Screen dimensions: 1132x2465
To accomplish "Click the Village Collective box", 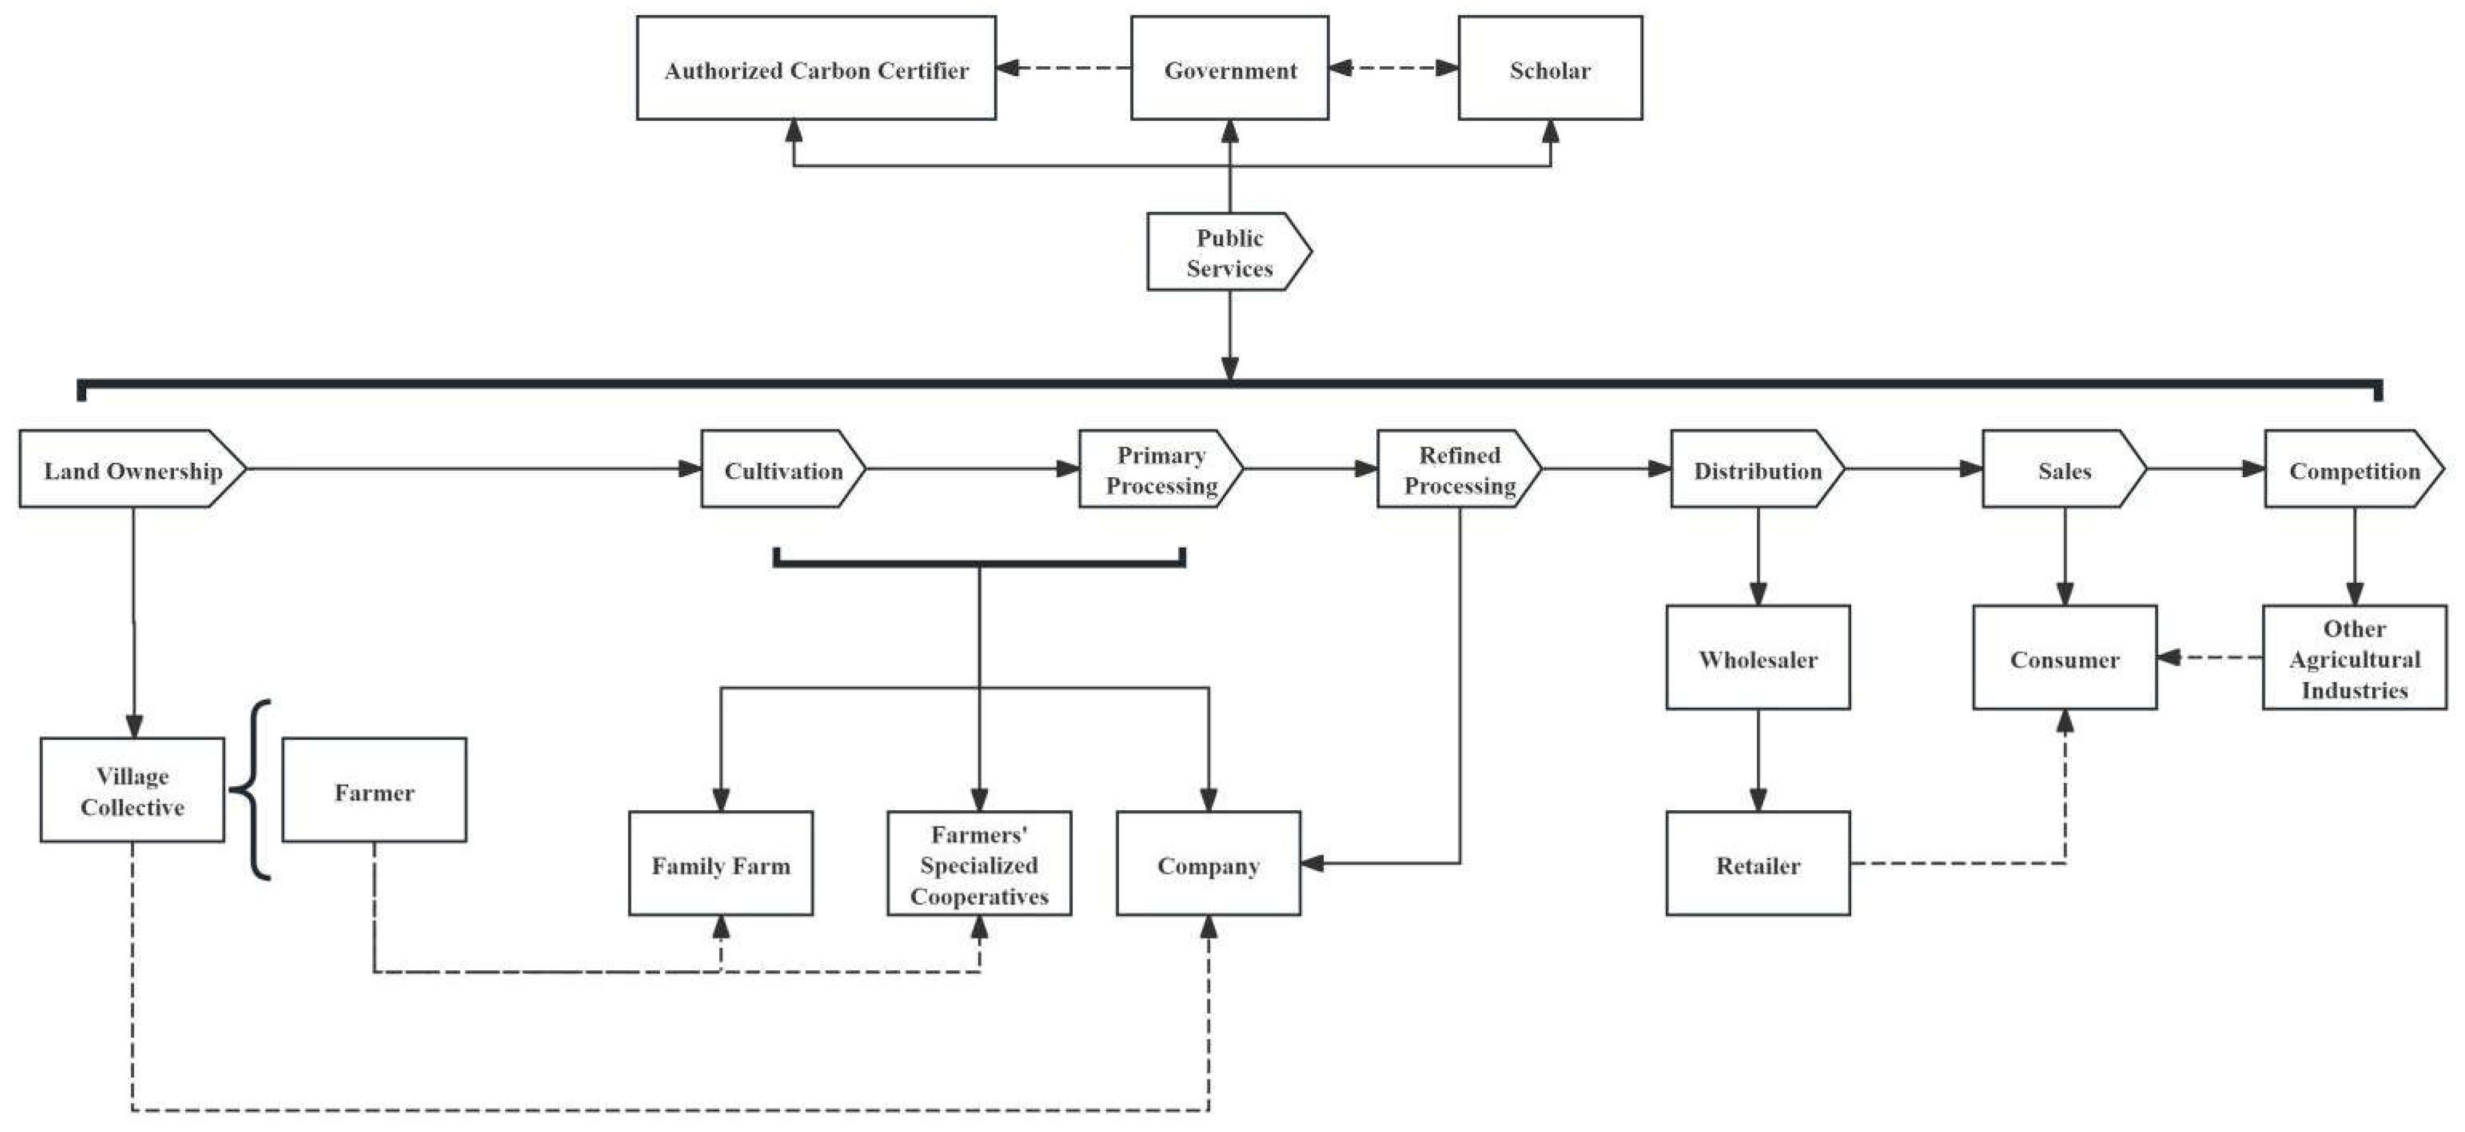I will click(132, 790).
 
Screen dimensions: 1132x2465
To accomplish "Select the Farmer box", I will click(374, 790).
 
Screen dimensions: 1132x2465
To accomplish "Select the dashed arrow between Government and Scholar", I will click(1393, 68).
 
